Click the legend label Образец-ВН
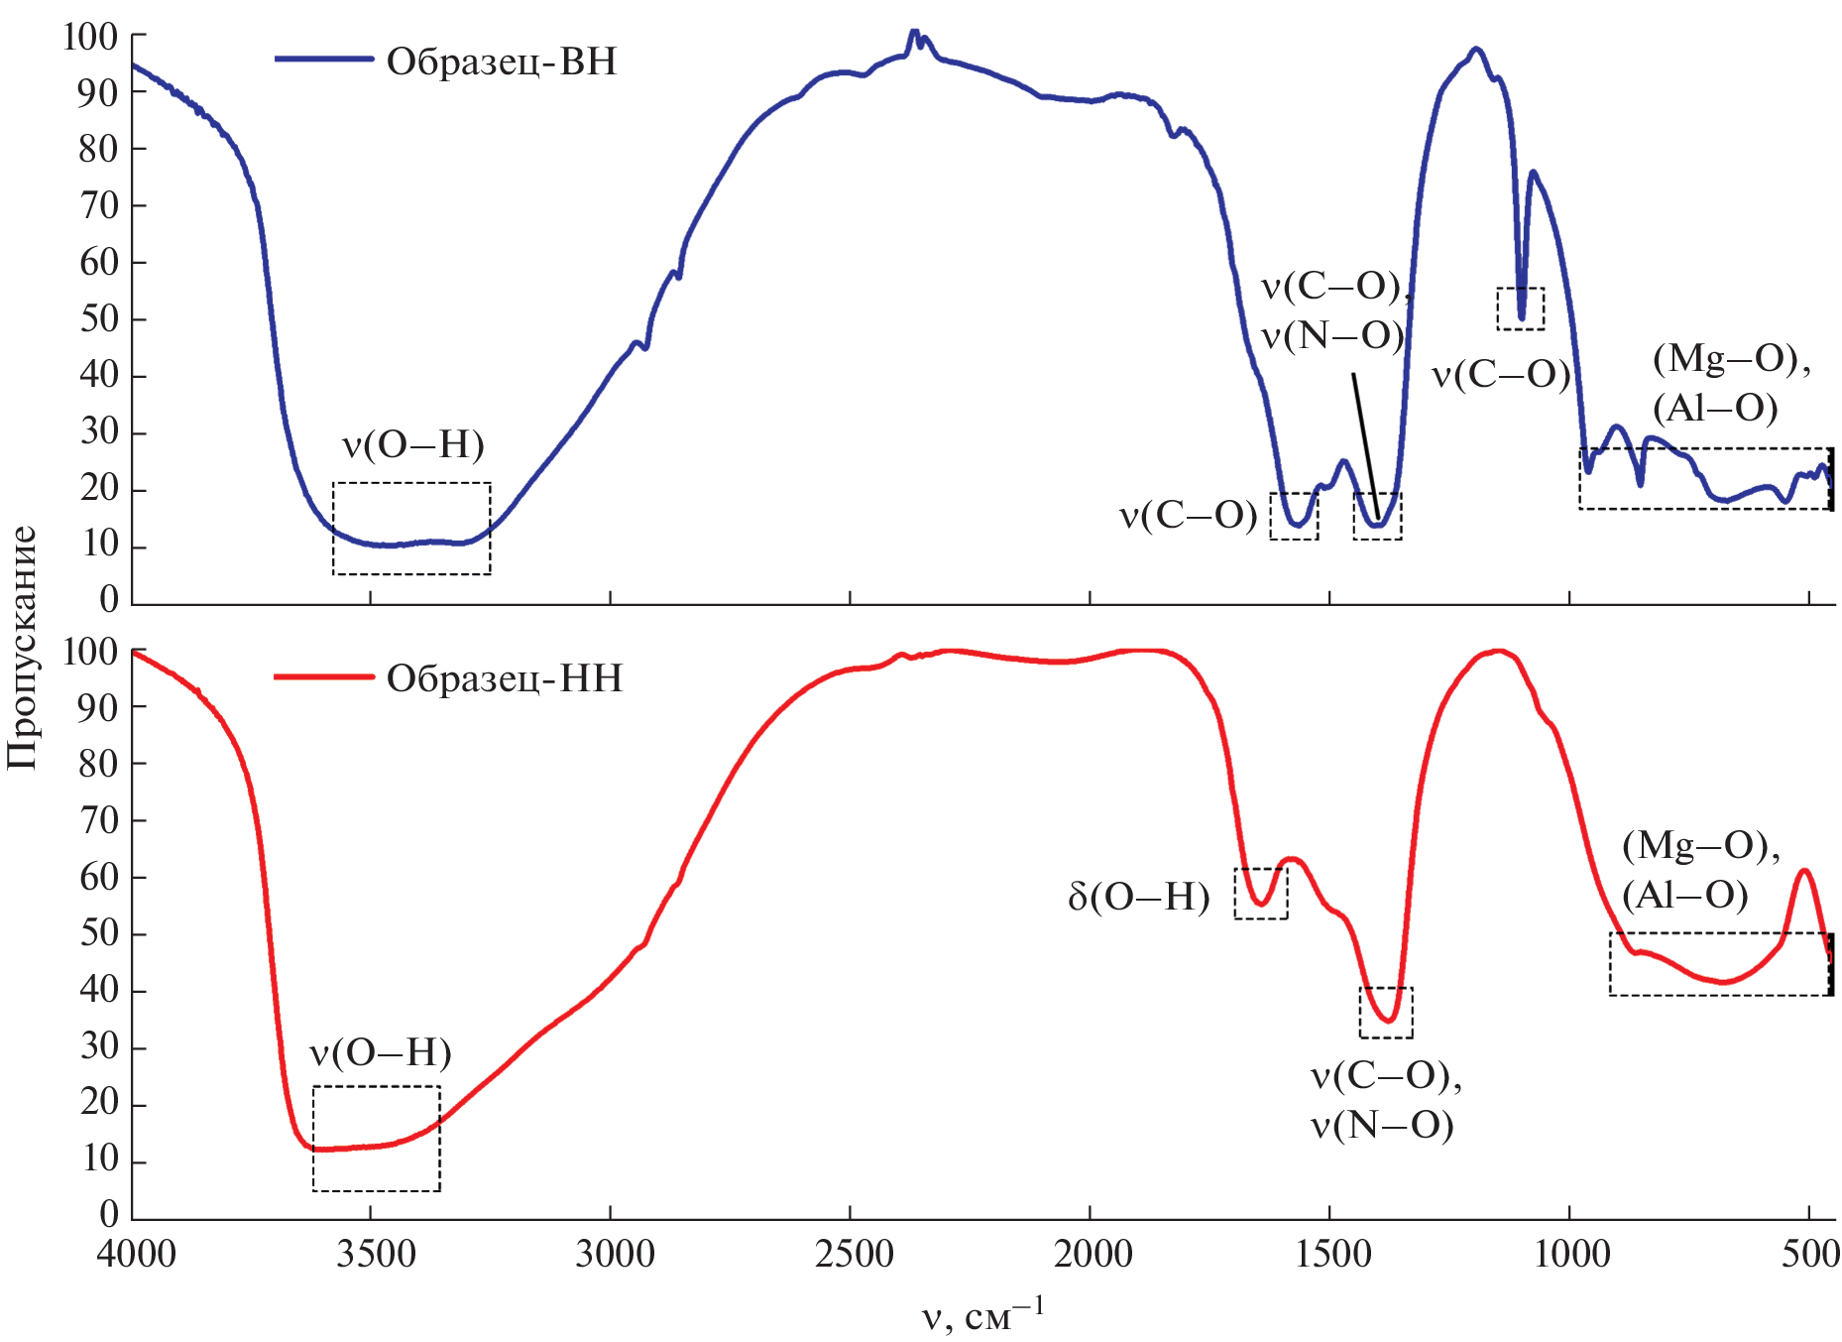coord(501,61)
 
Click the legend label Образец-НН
coord(504,678)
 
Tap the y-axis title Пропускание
coord(22,648)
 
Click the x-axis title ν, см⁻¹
coord(982,1315)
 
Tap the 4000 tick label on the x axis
coord(137,1255)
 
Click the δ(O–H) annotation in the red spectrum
coord(1139,897)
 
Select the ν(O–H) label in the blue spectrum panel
coord(413,444)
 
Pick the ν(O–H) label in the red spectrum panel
coord(381,1052)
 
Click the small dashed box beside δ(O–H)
coord(1260,893)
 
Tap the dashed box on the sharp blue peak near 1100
coord(1520,308)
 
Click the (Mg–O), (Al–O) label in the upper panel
coord(1731,383)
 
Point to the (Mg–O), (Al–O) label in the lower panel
coord(1701,870)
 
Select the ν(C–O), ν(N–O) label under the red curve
coord(1386,1101)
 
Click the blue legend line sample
coord(323,60)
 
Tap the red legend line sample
coord(323,677)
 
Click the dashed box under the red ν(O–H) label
coord(376,1139)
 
